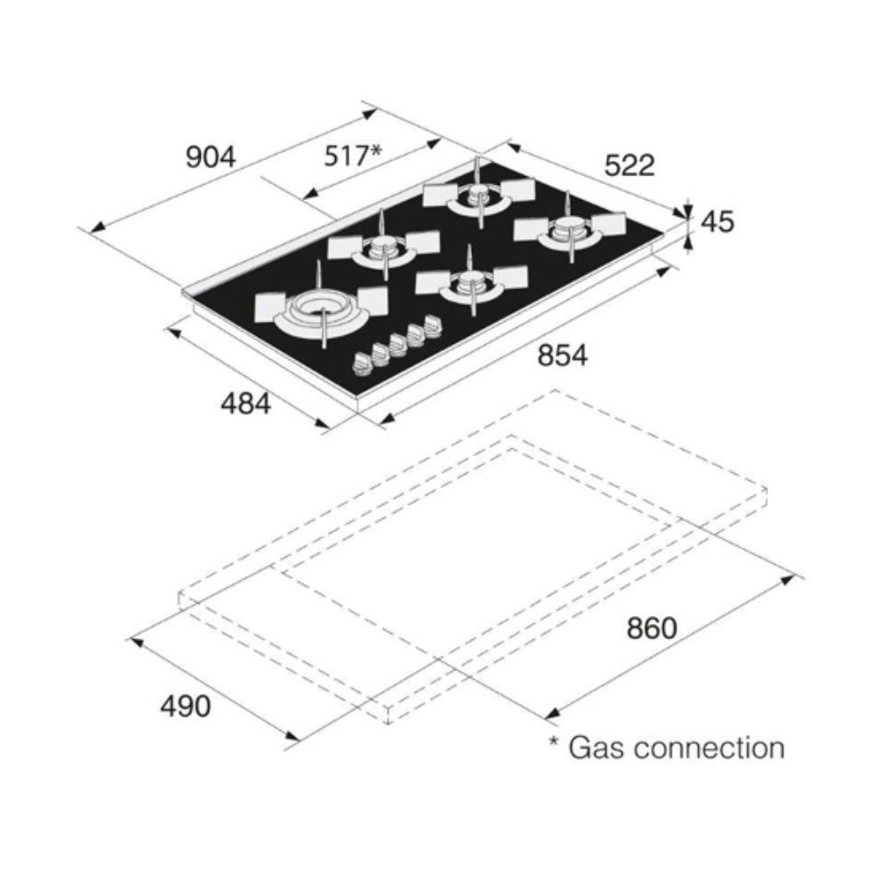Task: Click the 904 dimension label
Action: click(x=211, y=156)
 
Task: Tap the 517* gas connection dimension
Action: click(x=353, y=156)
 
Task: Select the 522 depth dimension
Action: click(x=629, y=165)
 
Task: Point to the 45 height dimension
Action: click(x=717, y=221)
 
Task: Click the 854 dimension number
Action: click(x=563, y=355)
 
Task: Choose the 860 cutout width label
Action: click(x=652, y=628)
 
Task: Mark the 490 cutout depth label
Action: click(x=186, y=706)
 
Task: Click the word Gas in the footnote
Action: click(x=596, y=748)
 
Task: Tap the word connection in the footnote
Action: click(x=709, y=749)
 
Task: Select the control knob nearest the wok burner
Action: click(x=362, y=363)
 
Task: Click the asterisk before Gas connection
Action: click(x=554, y=741)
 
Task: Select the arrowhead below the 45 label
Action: click(x=688, y=241)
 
